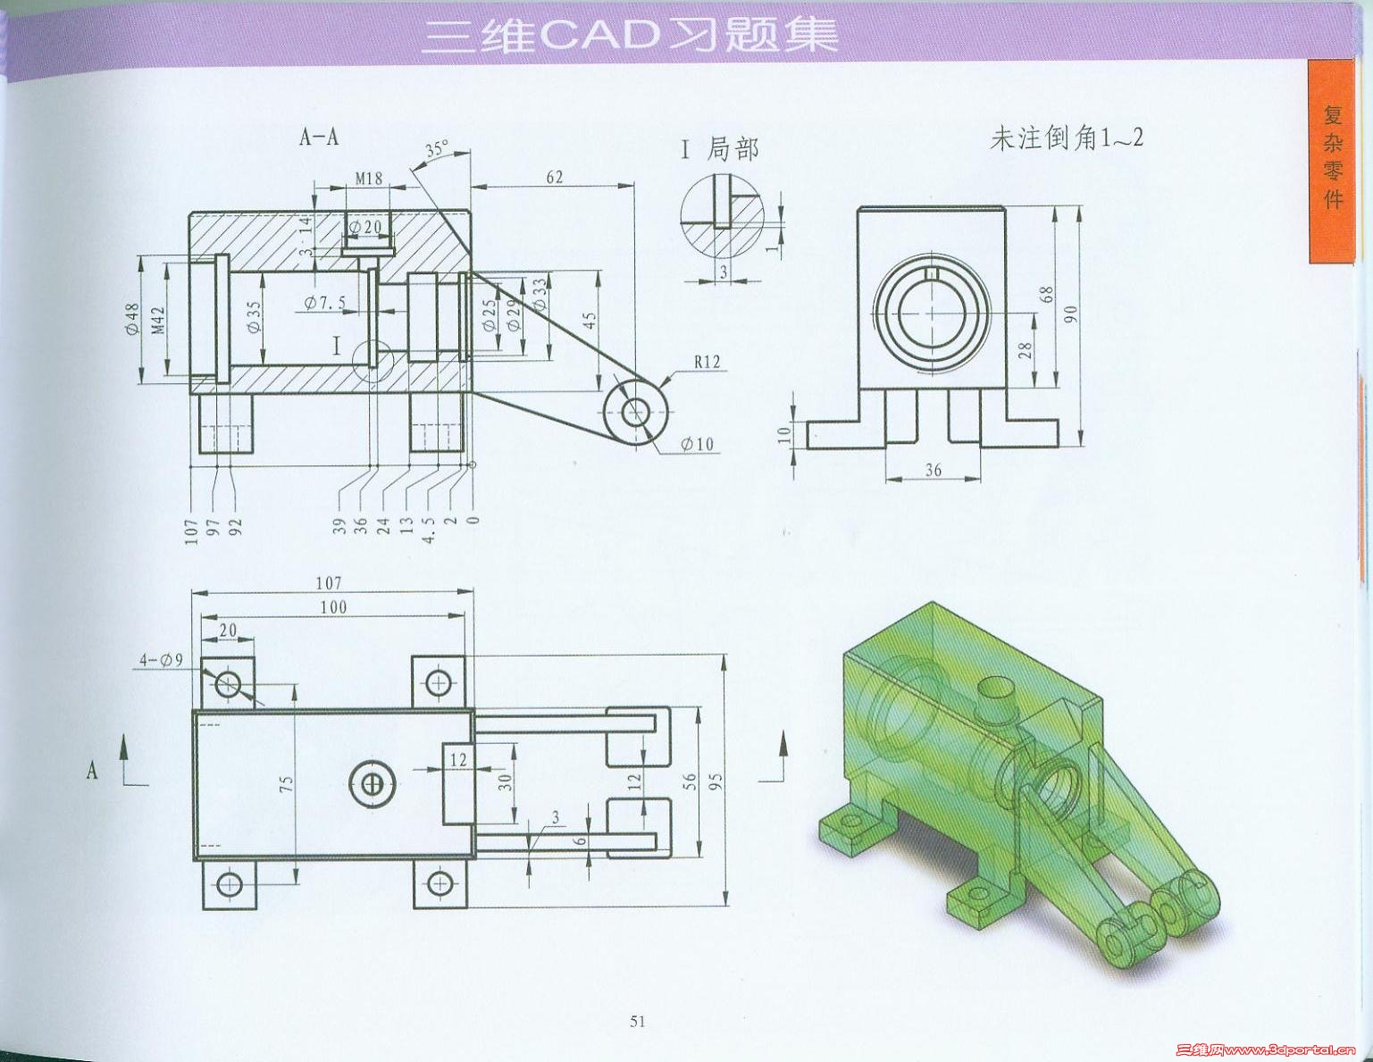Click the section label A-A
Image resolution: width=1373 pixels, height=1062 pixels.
[x=319, y=137]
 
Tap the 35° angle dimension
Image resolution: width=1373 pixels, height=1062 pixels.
[x=437, y=149]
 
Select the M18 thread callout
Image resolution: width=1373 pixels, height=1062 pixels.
[x=369, y=179]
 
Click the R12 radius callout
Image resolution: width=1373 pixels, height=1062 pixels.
[x=707, y=362]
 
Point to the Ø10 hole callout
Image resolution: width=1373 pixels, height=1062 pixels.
[x=697, y=445]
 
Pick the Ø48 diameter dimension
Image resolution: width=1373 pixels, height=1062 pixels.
[x=132, y=319]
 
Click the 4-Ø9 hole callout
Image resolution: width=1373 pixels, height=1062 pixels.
[x=161, y=661]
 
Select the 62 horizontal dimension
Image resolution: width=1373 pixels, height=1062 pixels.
[x=554, y=177]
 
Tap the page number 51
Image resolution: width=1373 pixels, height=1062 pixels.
[x=638, y=1021]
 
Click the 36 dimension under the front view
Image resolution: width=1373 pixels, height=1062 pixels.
[x=933, y=470]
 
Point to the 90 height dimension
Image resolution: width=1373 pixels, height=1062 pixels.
[x=1070, y=314]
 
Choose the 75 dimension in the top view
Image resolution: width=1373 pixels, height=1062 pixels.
[x=286, y=784]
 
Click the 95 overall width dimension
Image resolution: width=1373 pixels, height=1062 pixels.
[x=715, y=782]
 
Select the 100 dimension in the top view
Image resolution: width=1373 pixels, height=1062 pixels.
[x=333, y=607]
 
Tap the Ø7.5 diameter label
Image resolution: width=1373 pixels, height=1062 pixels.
[x=325, y=303]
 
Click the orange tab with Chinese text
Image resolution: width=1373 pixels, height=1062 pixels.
[x=1332, y=161]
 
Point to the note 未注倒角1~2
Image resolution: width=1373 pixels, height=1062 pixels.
[x=1067, y=138]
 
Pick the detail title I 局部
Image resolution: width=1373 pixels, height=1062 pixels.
[x=720, y=149]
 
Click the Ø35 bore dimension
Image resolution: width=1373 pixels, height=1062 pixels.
[x=254, y=316]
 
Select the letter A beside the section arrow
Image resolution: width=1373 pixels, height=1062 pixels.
[x=92, y=770]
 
